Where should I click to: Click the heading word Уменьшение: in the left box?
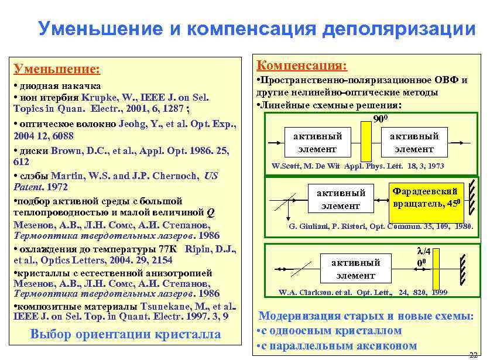click(x=57, y=70)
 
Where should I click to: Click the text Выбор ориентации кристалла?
click(x=125, y=334)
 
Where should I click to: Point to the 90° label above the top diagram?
click(x=382, y=120)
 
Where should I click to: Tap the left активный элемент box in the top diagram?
click(x=317, y=143)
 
